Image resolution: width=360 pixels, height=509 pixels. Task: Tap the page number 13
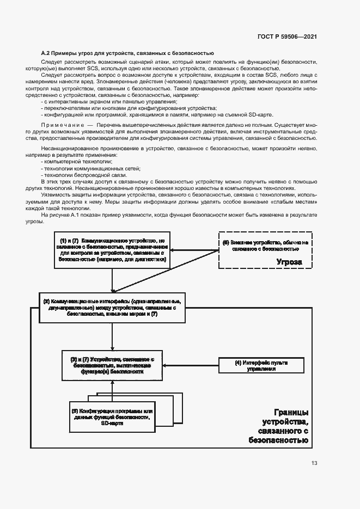[x=314, y=463]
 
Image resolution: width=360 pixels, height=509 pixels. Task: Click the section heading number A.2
[x=46, y=53]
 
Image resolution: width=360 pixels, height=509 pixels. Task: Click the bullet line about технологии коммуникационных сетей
[x=83, y=168]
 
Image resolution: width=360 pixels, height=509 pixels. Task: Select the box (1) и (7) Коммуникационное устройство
[x=112, y=250]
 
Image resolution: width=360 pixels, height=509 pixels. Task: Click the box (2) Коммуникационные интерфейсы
[x=112, y=308]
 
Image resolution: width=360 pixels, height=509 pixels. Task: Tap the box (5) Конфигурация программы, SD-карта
[x=112, y=417]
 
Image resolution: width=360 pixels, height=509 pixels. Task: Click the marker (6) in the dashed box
[x=225, y=241]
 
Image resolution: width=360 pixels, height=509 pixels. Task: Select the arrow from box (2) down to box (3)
[x=112, y=336]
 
